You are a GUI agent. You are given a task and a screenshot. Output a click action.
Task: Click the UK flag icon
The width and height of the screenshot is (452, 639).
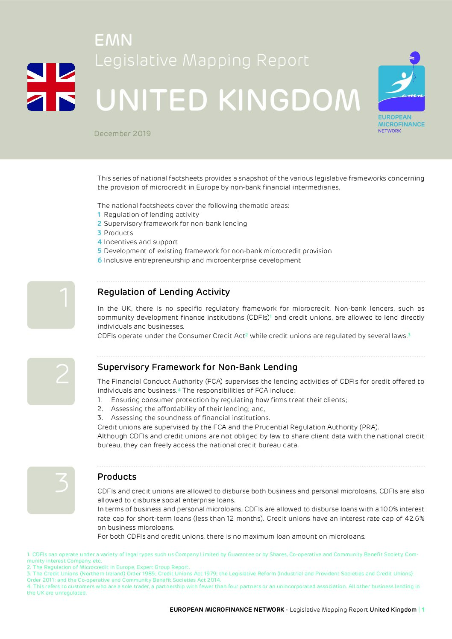click(51, 87)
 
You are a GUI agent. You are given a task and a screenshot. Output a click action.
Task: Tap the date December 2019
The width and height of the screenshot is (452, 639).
click(123, 134)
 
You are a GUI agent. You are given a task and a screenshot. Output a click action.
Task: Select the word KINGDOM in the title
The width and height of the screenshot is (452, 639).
click(290, 100)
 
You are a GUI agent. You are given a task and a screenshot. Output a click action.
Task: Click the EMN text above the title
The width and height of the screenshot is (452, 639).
click(113, 41)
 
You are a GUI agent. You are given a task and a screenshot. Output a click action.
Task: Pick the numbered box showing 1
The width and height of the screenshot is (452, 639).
click(51, 305)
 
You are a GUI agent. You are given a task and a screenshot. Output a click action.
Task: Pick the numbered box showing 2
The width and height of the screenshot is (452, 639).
click(51, 381)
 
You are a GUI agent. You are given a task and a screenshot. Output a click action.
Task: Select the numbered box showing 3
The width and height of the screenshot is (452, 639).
click(51, 490)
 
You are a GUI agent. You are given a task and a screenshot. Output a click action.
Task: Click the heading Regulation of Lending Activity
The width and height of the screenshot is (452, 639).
click(164, 292)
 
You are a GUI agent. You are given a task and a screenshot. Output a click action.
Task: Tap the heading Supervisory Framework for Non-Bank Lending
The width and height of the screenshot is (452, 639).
click(197, 367)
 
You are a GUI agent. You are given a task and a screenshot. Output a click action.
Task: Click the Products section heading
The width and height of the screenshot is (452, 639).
click(117, 477)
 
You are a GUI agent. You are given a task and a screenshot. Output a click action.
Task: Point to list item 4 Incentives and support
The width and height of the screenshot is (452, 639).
click(138, 242)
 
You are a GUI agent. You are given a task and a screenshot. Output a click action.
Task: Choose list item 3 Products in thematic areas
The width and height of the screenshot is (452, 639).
click(115, 233)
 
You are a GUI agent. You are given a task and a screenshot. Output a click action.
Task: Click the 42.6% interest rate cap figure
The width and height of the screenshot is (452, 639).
click(414, 519)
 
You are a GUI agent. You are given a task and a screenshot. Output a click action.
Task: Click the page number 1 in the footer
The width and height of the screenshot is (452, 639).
click(423, 610)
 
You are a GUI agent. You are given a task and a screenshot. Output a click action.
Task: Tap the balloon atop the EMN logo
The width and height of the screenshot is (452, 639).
click(414, 58)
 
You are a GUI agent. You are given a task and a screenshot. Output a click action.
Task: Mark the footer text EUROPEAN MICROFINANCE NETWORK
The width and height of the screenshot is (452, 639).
click(227, 610)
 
